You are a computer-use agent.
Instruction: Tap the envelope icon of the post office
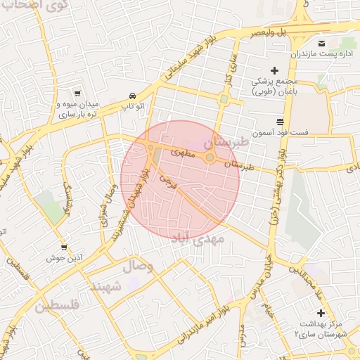pos(323,41)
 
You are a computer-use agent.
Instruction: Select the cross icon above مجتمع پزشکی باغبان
pos(274,70)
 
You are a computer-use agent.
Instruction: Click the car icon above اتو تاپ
pos(132,96)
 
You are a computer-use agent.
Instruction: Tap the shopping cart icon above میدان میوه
pos(77,93)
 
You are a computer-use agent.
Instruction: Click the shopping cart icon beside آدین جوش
pos(64,247)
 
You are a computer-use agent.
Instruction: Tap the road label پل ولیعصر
pos(271,32)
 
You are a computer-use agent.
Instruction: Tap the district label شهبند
pos(105,286)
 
